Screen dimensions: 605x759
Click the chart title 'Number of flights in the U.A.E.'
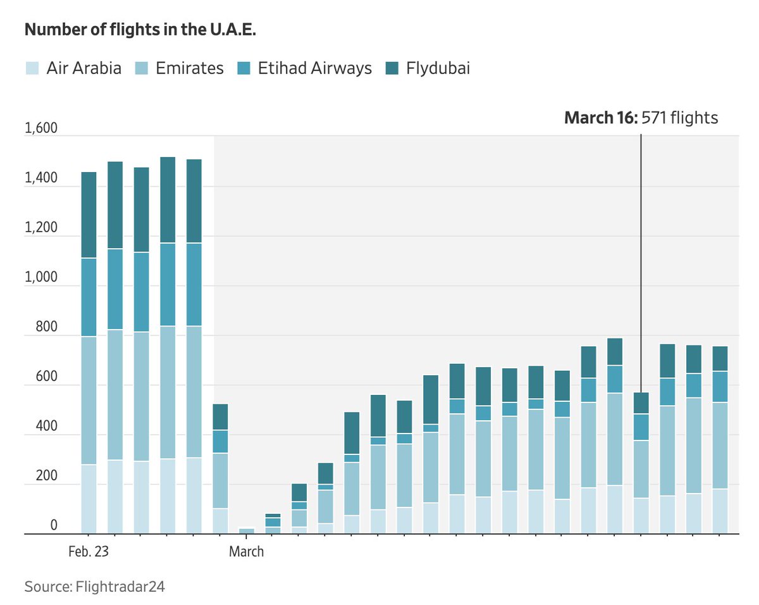(140, 30)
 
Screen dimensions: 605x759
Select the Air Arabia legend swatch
(32, 68)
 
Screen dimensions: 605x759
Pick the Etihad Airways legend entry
(314, 68)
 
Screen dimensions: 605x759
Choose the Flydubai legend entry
(437, 68)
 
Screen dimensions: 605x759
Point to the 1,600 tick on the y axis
(40, 128)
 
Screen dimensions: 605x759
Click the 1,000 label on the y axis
(40, 277)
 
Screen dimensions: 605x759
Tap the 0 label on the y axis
(54, 526)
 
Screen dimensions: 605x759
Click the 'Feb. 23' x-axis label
(89, 552)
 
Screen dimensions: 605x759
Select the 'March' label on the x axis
(246, 552)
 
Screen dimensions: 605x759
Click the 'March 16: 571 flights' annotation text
(641, 118)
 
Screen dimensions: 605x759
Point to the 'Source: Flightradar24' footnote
(94, 587)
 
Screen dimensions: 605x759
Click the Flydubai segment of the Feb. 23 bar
(89, 215)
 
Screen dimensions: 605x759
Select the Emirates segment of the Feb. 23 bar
(89, 401)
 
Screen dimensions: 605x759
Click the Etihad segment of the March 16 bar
(641, 427)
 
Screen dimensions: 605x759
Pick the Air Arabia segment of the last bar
(720, 511)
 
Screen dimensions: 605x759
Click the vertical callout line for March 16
(641, 253)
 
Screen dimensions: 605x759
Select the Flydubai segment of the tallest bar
(168, 200)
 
